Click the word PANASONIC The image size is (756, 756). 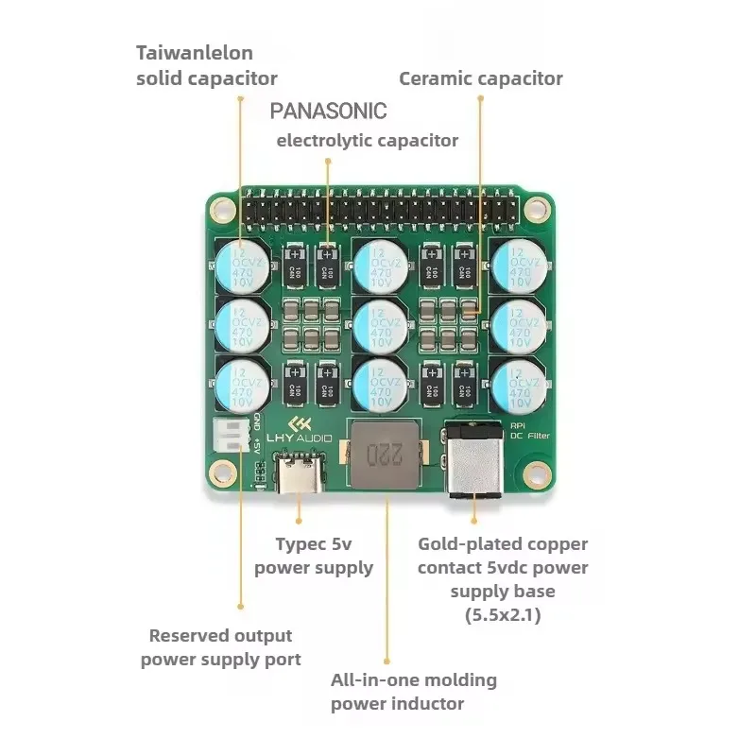328,111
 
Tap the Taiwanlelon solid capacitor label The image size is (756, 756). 206,65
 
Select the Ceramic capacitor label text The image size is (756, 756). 480,78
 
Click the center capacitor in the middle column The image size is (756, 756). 381,325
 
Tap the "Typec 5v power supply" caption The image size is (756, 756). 313,556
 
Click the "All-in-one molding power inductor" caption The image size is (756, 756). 413,692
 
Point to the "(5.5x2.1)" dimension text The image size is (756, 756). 502,614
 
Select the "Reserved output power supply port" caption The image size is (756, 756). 220,647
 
